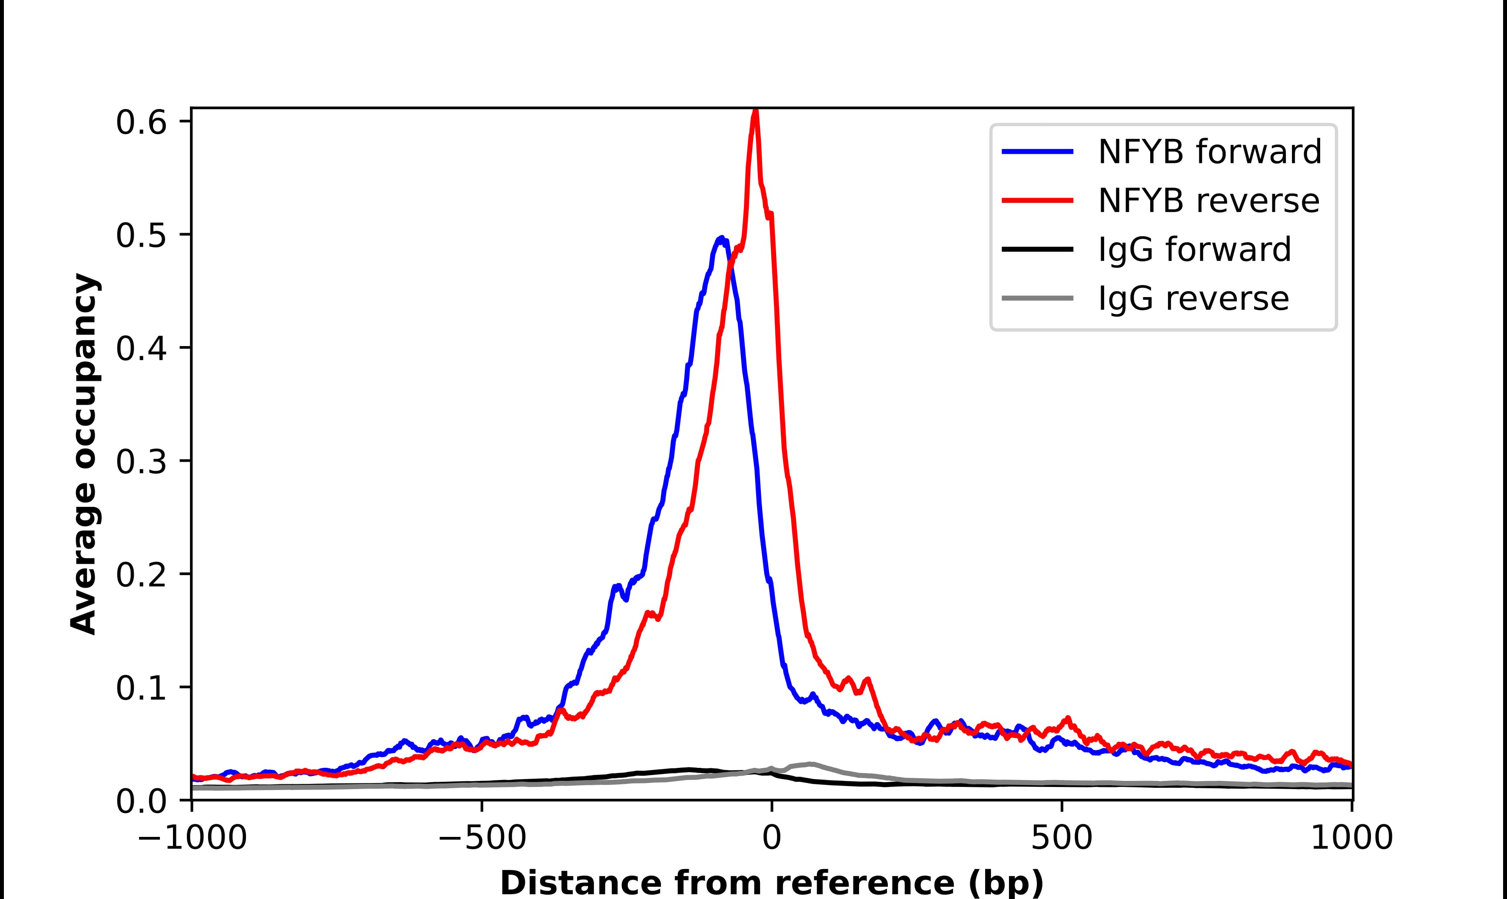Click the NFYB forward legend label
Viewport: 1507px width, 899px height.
coord(1209,152)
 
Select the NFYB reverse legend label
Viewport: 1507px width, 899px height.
coord(1208,201)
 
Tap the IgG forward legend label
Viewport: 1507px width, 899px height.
coord(1194,250)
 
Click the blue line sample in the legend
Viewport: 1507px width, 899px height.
coord(1037,152)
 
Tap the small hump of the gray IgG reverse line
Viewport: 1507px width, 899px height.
coord(810,764)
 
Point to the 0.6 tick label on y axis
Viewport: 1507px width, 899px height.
coord(141,123)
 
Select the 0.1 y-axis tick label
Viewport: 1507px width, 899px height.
coord(141,689)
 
